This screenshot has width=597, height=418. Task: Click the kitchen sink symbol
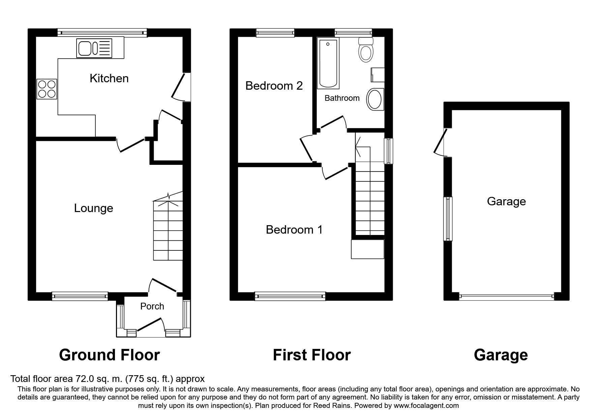click(x=94, y=48)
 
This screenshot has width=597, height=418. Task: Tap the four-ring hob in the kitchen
click(x=47, y=89)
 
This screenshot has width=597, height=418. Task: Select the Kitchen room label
click(x=109, y=78)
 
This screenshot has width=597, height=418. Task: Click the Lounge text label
click(x=93, y=208)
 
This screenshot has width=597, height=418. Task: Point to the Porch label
click(x=152, y=306)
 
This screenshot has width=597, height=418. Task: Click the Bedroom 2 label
click(x=274, y=86)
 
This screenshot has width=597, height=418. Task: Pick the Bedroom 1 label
click(x=294, y=230)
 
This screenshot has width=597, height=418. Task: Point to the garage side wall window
click(x=448, y=219)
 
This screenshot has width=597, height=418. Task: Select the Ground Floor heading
click(x=109, y=355)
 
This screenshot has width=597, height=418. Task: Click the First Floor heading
click(x=311, y=355)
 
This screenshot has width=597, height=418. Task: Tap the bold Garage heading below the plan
click(x=501, y=355)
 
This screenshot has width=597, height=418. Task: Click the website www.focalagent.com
click(x=426, y=406)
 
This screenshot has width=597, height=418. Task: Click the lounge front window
click(x=80, y=296)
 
